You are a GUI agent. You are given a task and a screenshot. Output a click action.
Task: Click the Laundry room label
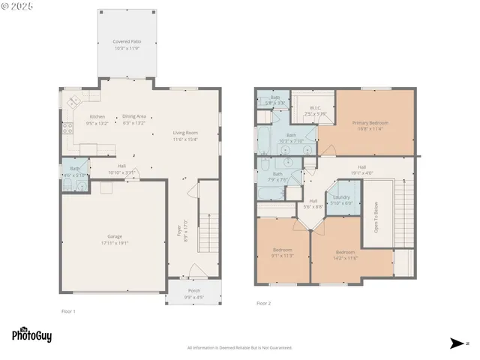341,200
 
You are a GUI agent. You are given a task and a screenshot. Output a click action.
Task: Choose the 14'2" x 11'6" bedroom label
346,254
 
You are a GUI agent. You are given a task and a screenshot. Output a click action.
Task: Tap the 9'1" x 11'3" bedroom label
282,252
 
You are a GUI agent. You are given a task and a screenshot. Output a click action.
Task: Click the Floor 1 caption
68,311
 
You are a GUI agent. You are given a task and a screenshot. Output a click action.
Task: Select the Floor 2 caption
264,303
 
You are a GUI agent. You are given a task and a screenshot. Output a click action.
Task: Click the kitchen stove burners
73,102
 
